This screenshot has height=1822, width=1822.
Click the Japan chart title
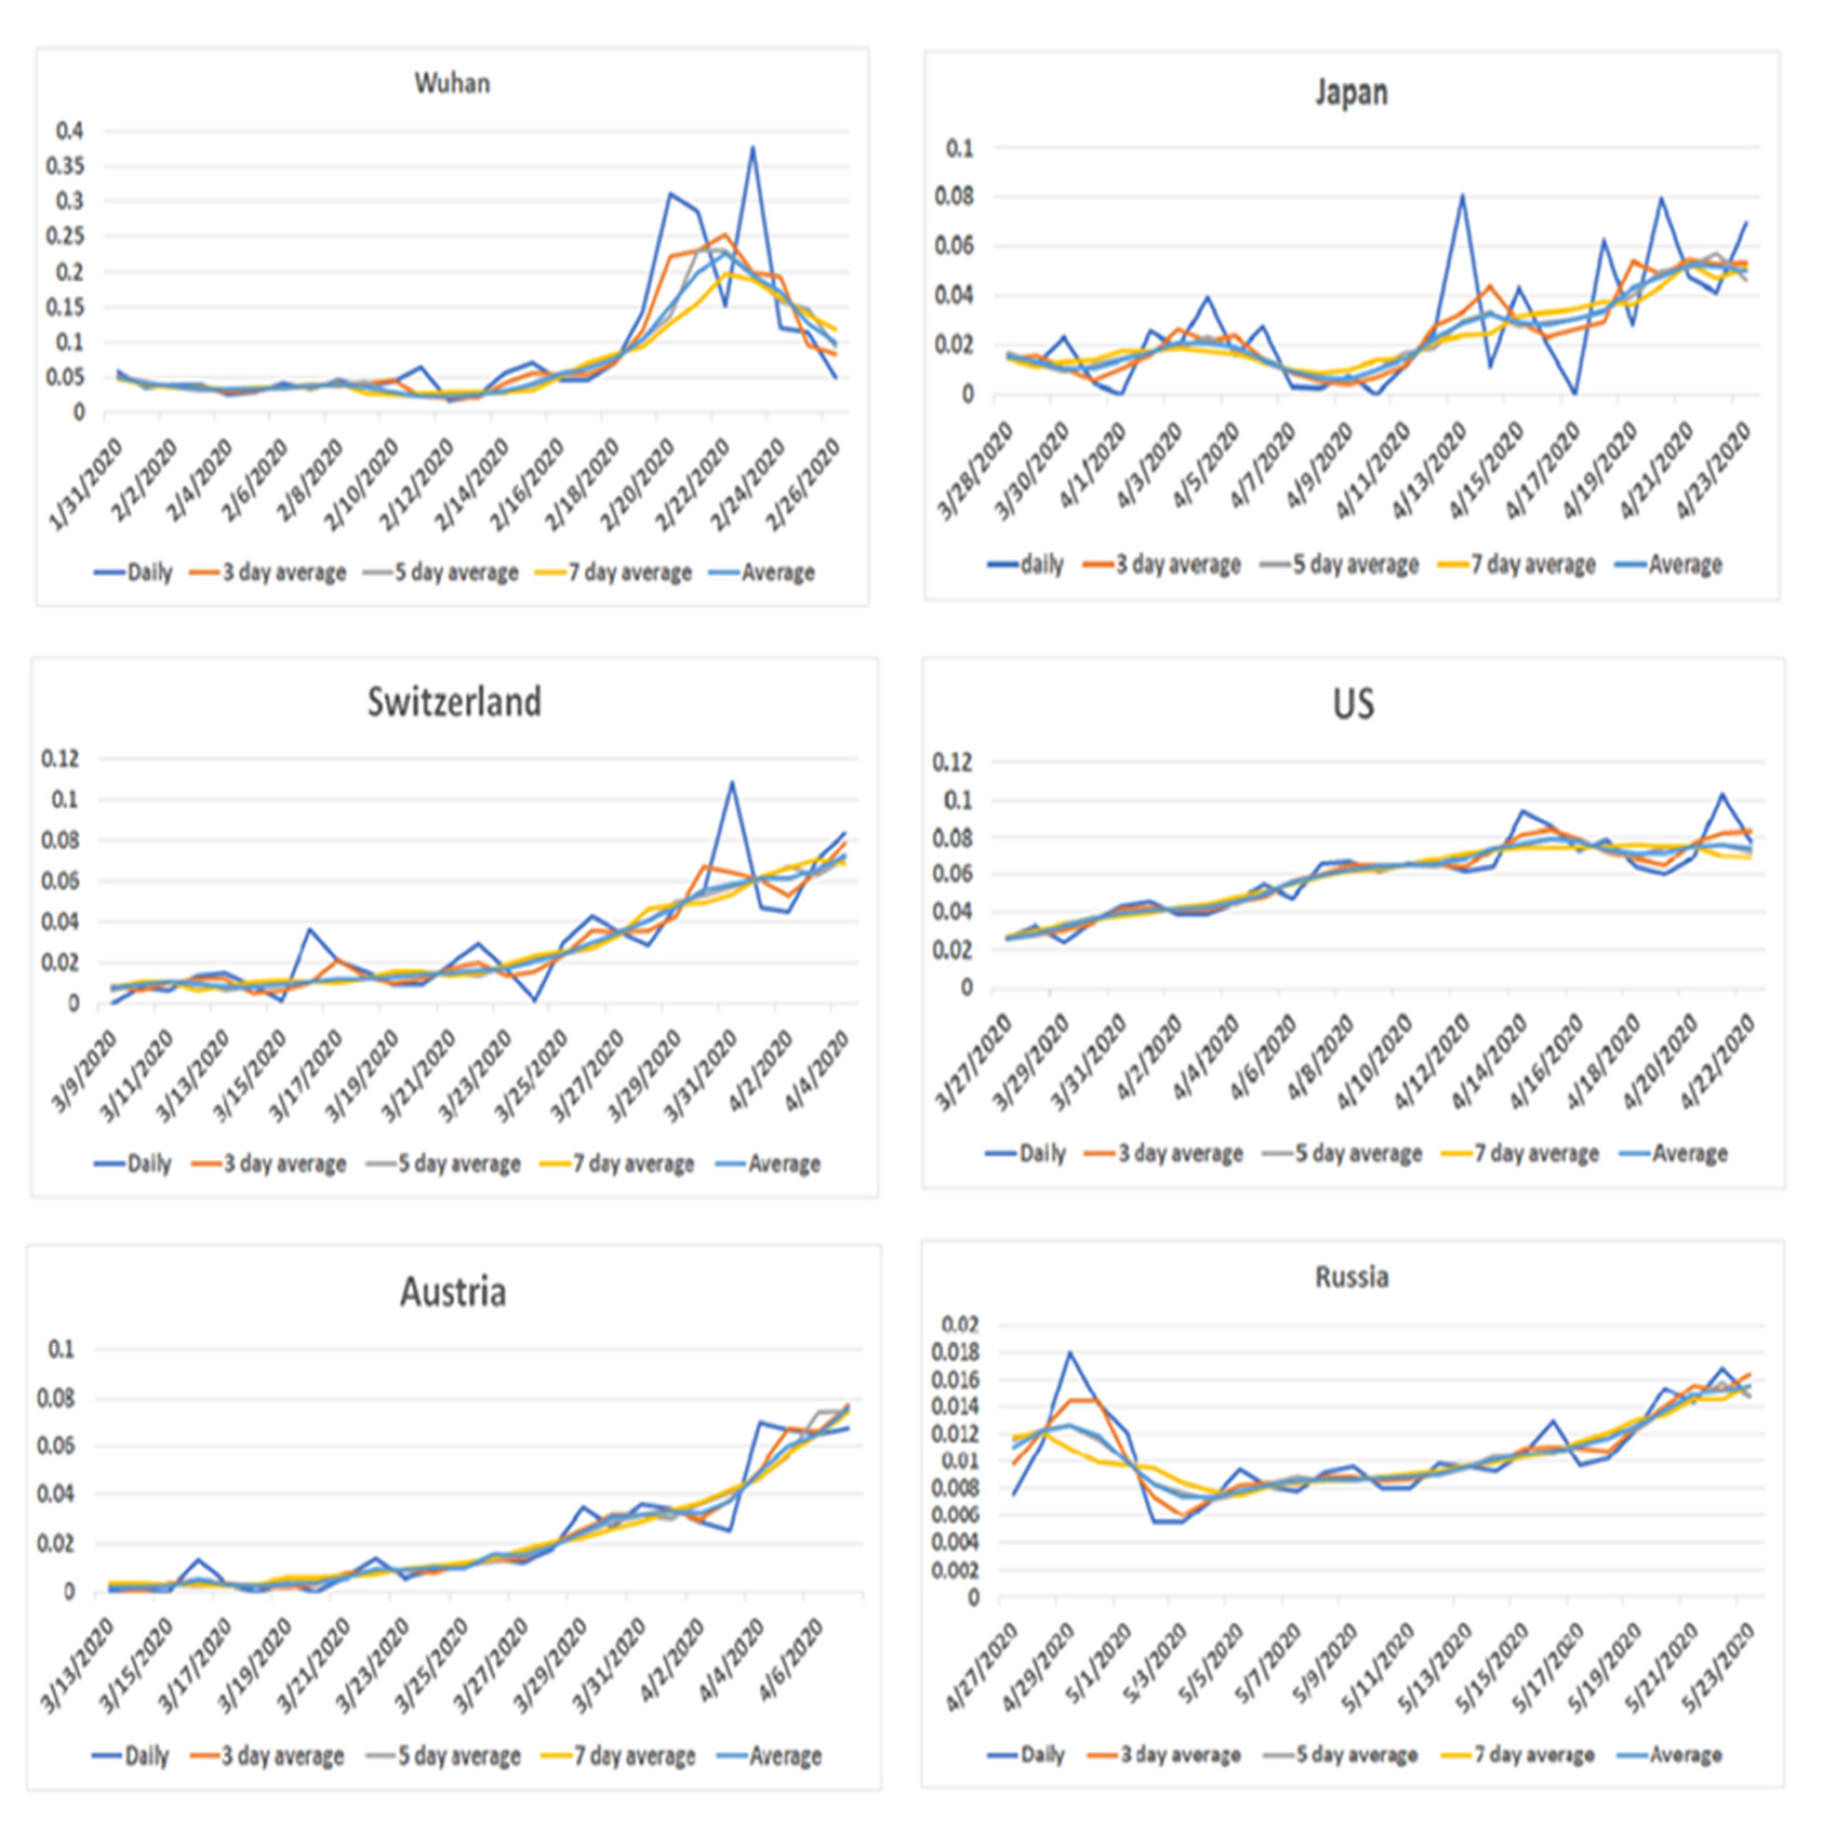pyautogui.click(x=1351, y=92)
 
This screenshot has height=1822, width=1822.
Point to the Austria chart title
pyautogui.click(x=453, y=1292)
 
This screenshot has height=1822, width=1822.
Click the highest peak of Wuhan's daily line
pyautogui.click(x=752, y=147)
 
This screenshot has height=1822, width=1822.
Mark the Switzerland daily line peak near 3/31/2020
pyautogui.click(x=732, y=782)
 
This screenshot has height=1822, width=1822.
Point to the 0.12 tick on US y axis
pyautogui.click(x=952, y=762)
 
